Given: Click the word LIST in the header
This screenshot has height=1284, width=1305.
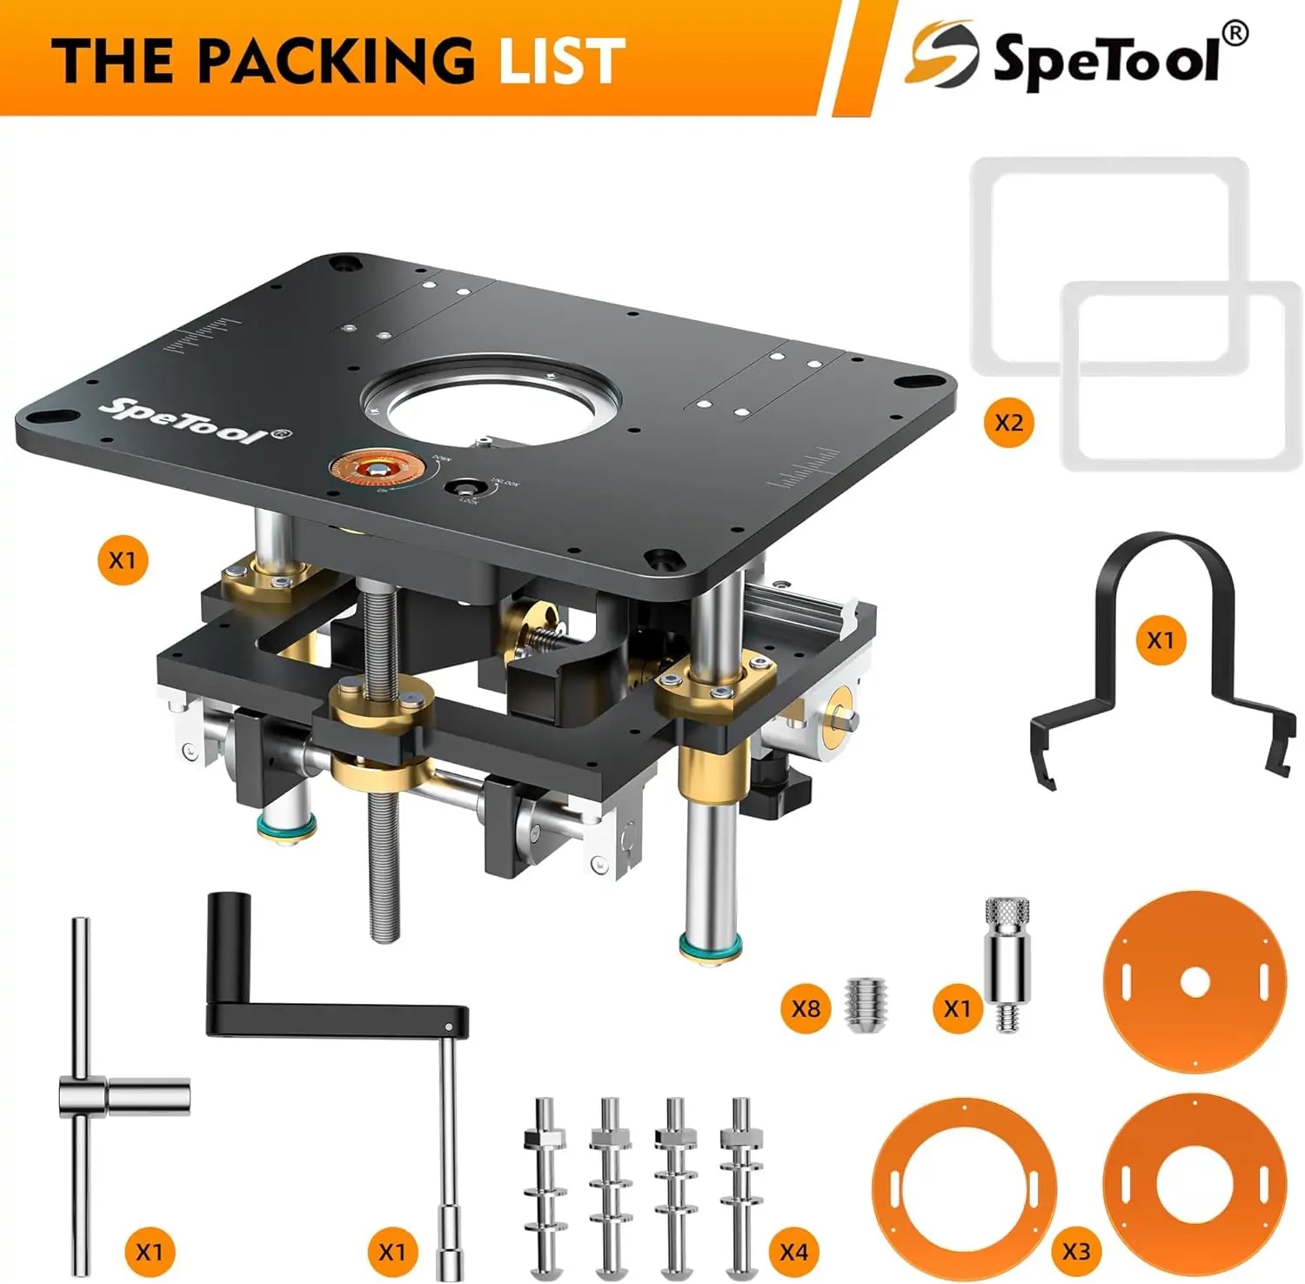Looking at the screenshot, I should [562, 61].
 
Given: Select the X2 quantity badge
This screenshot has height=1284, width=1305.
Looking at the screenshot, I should [1008, 423].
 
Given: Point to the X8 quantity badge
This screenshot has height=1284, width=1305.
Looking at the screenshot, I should [806, 1008].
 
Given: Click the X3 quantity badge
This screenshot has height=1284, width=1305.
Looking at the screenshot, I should [1075, 1251].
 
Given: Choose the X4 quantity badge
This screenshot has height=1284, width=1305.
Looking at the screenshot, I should [793, 1251].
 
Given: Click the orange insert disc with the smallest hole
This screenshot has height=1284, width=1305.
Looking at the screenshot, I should [1194, 982].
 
